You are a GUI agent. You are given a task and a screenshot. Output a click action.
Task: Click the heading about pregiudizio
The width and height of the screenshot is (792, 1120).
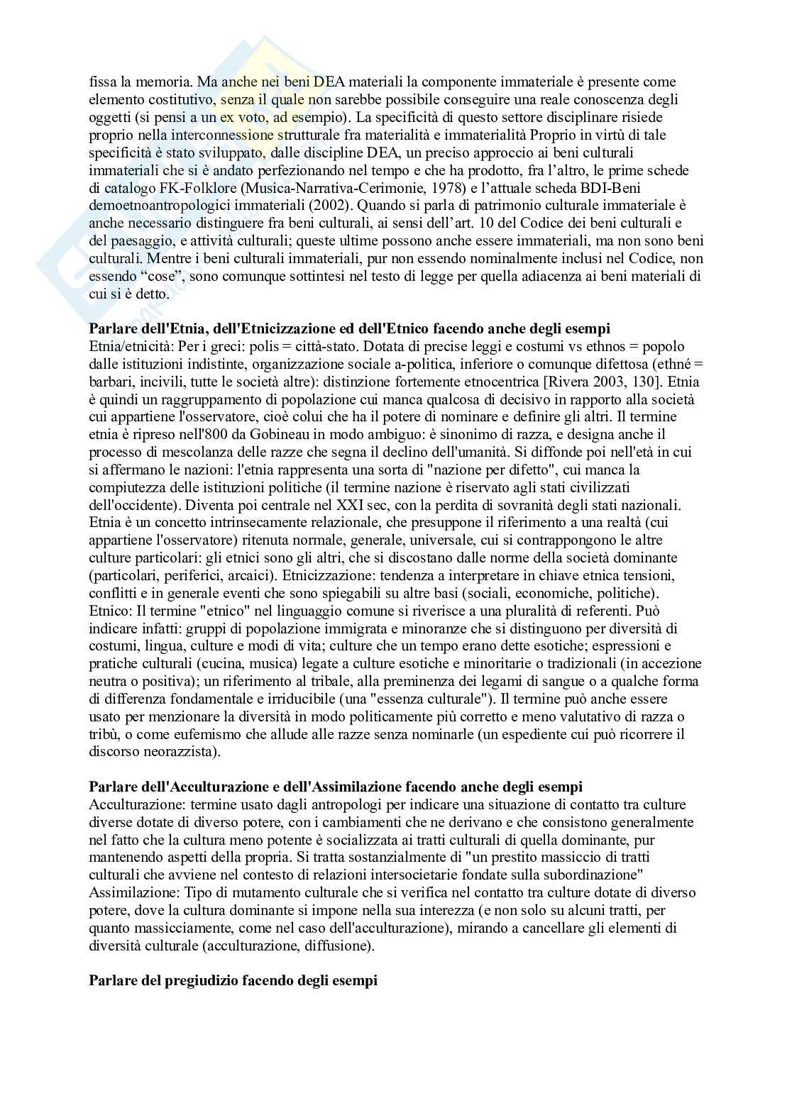coord(233,980)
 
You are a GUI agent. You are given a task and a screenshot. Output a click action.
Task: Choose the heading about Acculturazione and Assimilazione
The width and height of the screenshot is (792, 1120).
coord(336,787)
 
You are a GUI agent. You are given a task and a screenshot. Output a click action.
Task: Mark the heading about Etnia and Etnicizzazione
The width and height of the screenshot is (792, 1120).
coord(349,329)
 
